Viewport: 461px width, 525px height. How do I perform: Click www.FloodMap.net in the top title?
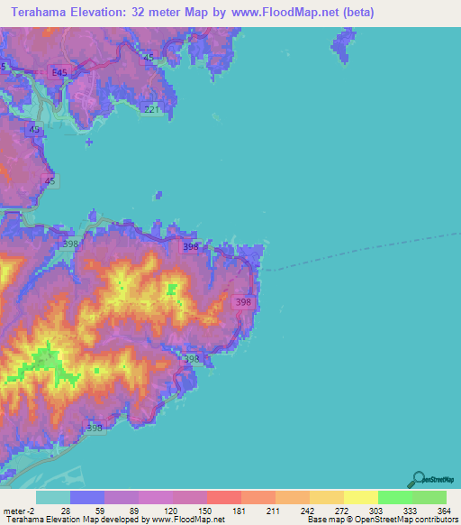tap(285, 13)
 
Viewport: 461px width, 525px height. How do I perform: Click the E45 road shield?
tap(59, 72)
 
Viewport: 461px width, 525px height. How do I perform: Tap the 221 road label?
tap(152, 110)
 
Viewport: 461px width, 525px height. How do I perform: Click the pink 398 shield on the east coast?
tap(241, 303)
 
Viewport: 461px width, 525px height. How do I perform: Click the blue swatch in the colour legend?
tap(87, 497)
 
